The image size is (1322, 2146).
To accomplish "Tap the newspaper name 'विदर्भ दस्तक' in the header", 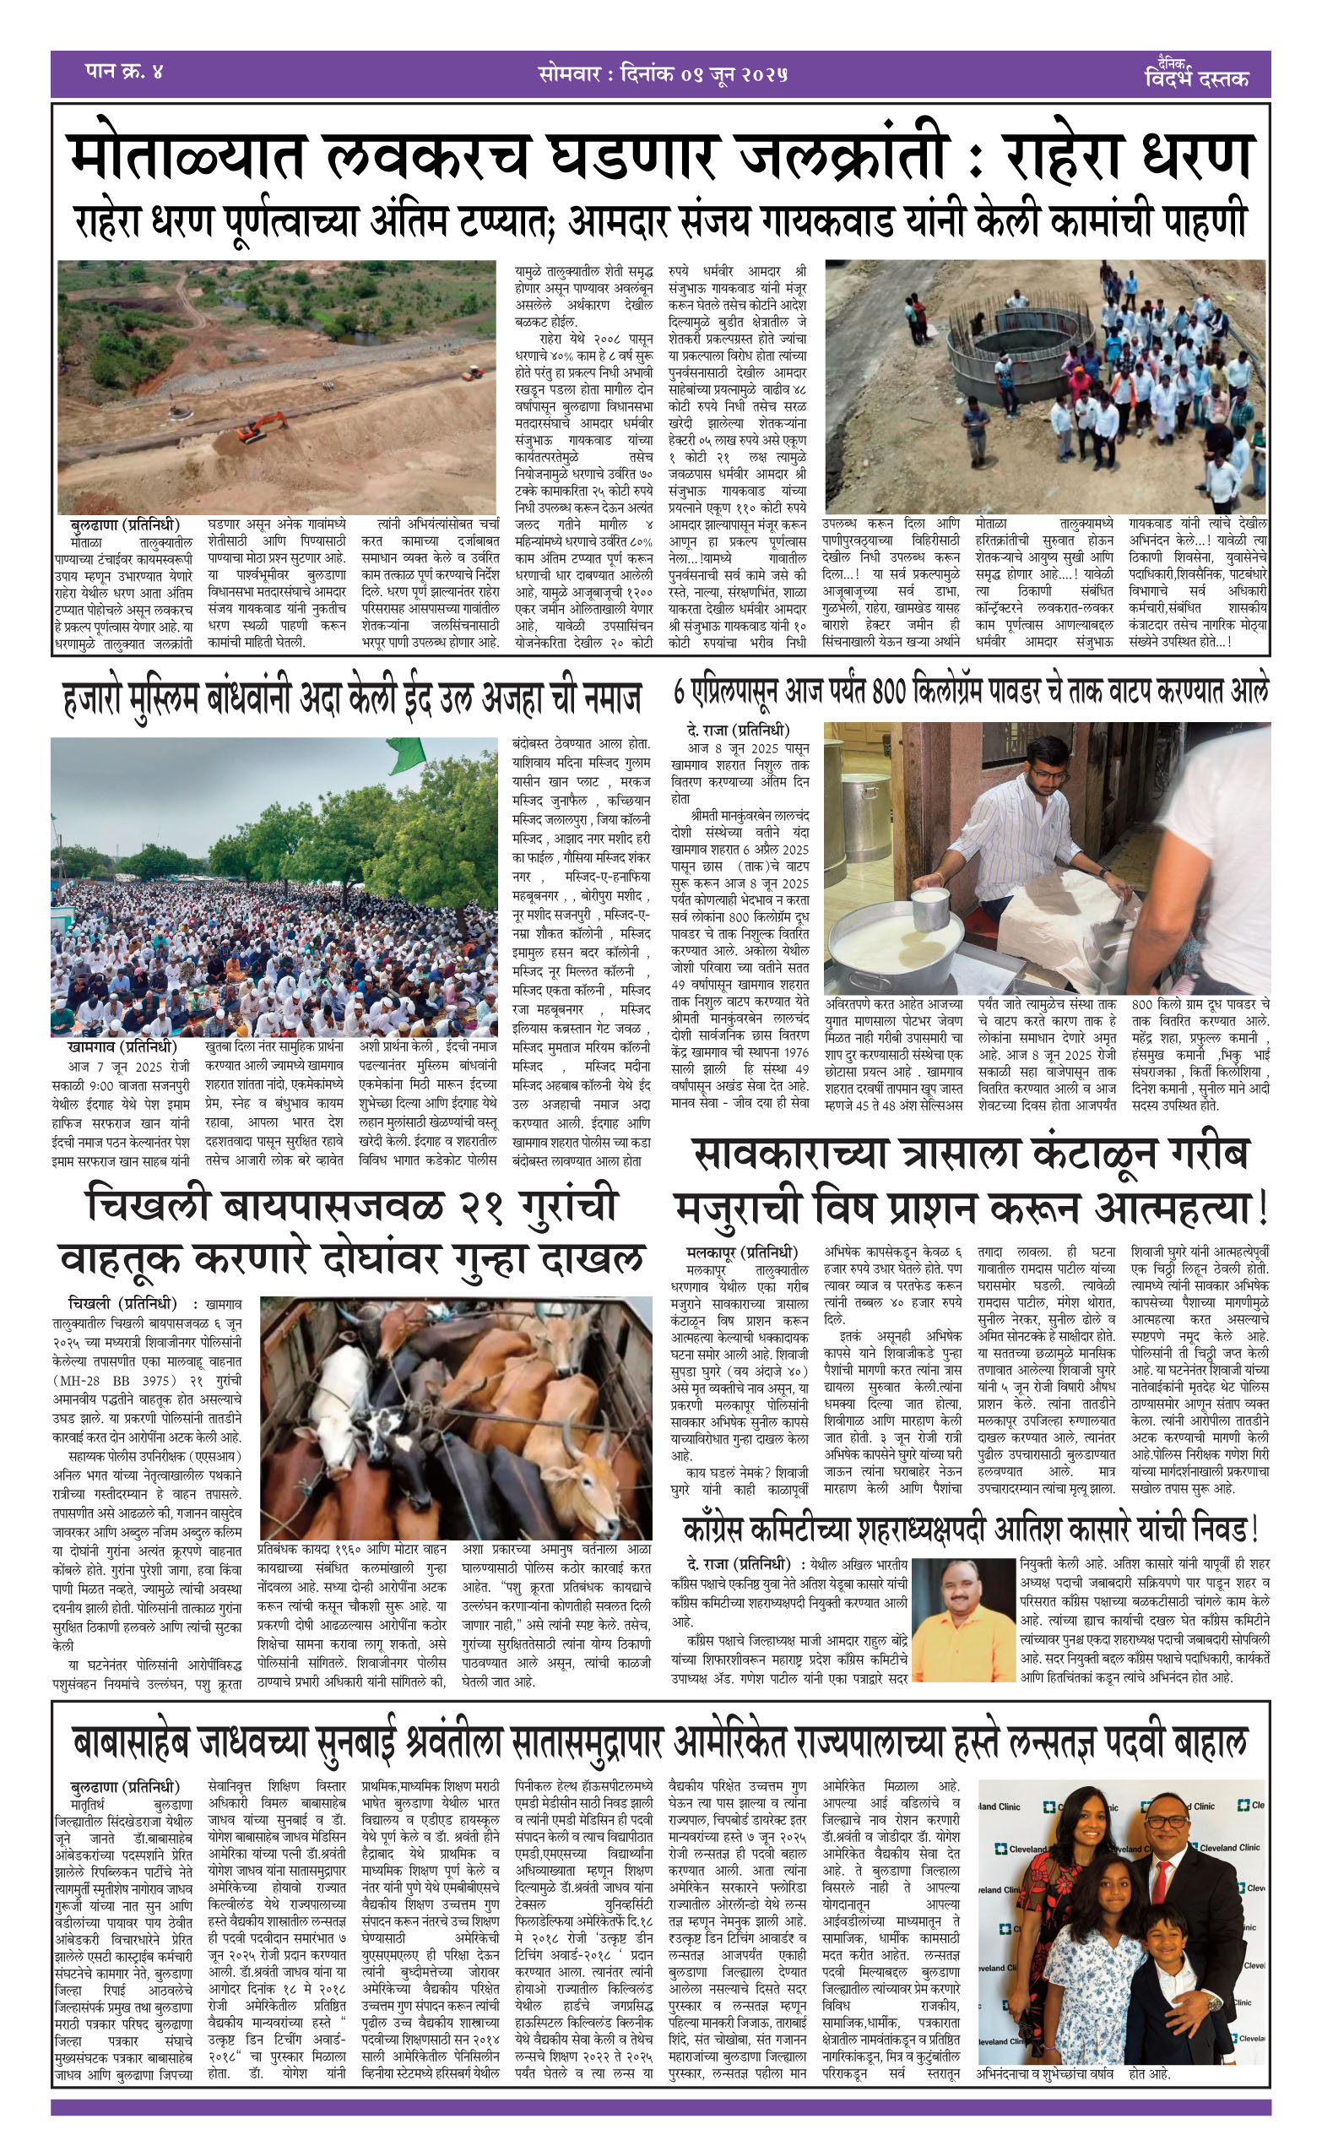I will (x=1196, y=79).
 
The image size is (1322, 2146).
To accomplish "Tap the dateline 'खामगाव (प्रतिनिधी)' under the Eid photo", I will (x=121, y=1046).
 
